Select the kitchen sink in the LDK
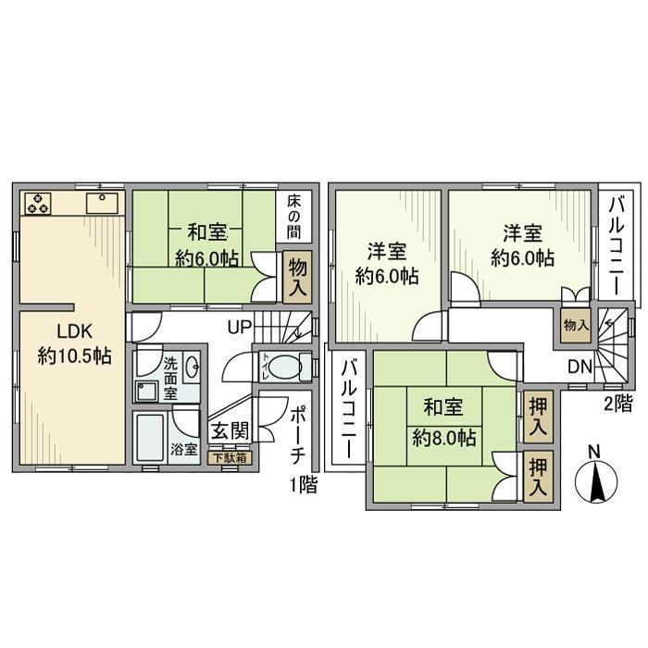click(100, 203)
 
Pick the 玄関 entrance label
click(227, 430)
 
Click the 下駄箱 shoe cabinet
click(228, 456)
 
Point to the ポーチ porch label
click(298, 436)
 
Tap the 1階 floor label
click(302, 484)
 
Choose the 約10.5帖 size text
click(74, 355)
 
